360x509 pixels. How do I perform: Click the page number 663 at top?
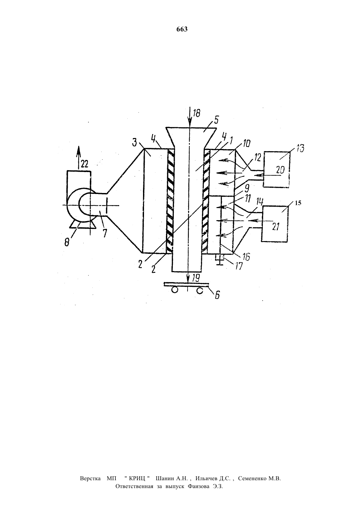coord(182,29)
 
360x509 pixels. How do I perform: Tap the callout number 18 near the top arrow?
coord(197,114)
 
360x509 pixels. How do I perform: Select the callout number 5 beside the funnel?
coord(216,120)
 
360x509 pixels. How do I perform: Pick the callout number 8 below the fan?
coord(67,242)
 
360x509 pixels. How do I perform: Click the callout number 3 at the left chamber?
coord(135,143)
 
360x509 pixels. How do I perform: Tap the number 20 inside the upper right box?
coord(281,170)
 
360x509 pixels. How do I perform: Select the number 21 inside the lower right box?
coord(276,227)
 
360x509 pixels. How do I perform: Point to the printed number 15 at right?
coord(298,203)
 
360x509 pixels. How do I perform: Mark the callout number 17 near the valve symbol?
coord(239,266)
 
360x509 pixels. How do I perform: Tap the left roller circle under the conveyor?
coord(174,290)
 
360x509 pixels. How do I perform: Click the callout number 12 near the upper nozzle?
coord(258,157)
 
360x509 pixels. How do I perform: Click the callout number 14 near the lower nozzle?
coord(260,202)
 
